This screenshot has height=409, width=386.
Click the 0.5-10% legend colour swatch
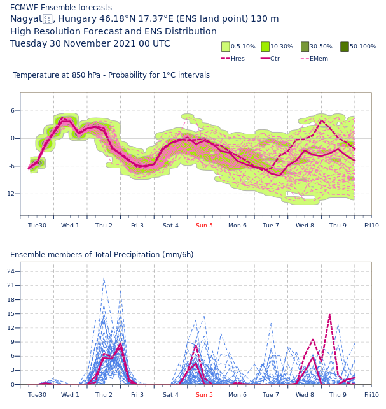click(x=225, y=47)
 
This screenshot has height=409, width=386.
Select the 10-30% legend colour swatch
click(x=265, y=47)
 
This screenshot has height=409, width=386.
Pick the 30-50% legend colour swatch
click(x=305, y=47)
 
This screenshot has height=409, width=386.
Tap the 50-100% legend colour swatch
click(x=345, y=47)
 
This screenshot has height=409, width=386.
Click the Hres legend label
click(x=237, y=59)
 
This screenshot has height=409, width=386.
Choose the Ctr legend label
click(x=275, y=59)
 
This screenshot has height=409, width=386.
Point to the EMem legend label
click(x=319, y=59)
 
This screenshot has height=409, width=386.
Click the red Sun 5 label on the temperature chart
click(x=204, y=226)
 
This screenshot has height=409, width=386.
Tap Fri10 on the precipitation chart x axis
click(x=371, y=395)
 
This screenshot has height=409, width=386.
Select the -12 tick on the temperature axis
click(x=12, y=194)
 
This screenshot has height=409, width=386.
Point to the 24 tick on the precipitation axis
click(x=11, y=271)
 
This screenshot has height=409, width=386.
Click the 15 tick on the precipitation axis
click(x=11, y=314)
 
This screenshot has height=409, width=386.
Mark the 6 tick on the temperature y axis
click(x=12, y=111)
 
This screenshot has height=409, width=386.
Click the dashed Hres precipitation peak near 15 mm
click(x=329, y=315)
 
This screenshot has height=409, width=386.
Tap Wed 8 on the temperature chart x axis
click(x=305, y=226)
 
